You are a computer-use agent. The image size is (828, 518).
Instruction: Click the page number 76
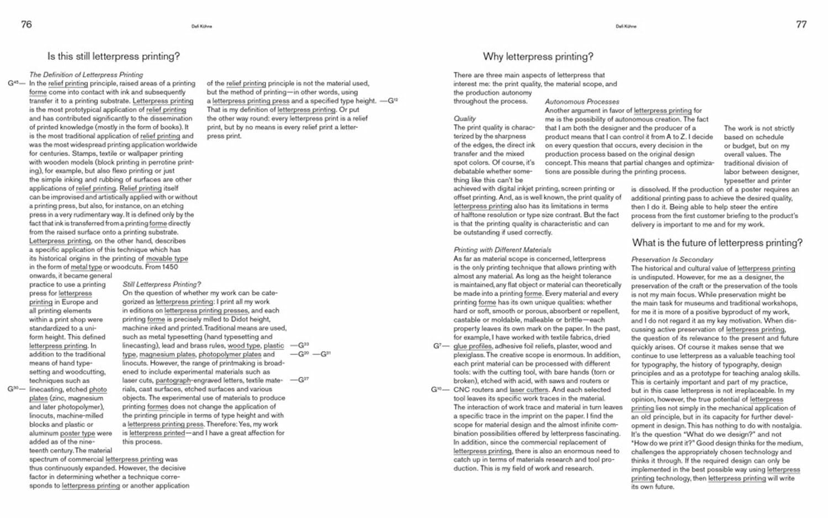point(26,24)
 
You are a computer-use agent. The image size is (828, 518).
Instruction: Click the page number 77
point(802,24)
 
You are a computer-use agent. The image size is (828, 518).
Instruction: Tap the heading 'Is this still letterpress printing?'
point(114,56)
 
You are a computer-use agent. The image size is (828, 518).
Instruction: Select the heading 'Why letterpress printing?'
point(538,56)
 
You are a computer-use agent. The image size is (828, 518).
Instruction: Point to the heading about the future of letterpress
point(717,243)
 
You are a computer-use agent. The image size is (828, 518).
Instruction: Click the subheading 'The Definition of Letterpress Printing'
point(86,75)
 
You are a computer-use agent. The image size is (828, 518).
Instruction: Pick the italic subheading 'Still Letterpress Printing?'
point(162,284)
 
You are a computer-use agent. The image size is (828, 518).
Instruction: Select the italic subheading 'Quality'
point(465,119)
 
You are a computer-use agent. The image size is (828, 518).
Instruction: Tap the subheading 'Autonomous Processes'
point(582,102)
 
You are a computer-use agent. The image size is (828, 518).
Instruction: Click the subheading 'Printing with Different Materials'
point(502,250)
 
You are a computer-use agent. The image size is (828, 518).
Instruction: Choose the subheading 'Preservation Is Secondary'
point(672,260)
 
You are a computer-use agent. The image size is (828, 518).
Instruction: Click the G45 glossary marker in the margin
point(13,83)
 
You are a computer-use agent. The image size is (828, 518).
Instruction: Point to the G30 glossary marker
point(13,389)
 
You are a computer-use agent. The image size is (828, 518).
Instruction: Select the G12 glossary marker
point(392,101)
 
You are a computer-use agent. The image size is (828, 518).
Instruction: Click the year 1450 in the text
point(169,267)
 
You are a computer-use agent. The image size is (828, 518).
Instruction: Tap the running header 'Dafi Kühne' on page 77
point(626,26)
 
